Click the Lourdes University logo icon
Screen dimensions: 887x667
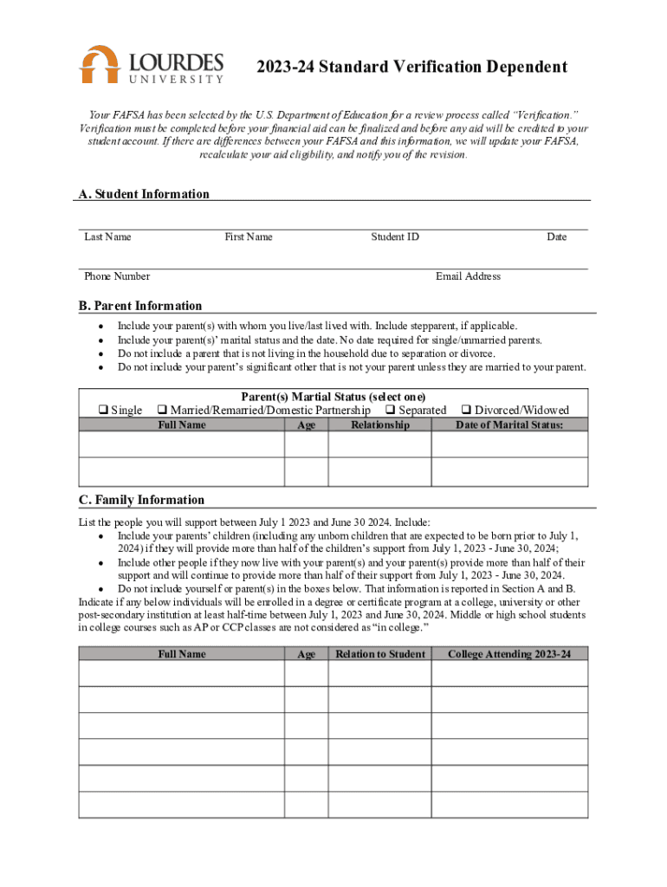click(99, 65)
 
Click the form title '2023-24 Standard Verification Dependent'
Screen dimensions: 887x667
click(411, 68)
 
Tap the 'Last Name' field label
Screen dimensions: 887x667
click(107, 236)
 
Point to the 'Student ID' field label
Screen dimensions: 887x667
click(395, 236)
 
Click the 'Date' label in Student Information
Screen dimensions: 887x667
click(556, 236)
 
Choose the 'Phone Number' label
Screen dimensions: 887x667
click(117, 276)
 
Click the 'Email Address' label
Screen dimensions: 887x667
click(468, 276)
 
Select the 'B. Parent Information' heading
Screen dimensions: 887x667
click(140, 306)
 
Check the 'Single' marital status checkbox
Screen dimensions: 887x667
click(103, 411)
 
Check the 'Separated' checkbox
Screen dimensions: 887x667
click(390, 411)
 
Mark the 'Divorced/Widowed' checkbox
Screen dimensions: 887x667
click(467, 411)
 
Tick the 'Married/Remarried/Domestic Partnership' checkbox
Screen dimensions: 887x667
click(161, 411)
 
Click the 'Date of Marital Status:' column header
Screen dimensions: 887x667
click(509, 425)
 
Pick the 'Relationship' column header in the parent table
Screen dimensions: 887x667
click(379, 425)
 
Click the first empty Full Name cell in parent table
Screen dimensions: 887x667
click(182, 444)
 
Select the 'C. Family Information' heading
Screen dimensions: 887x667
click(141, 500)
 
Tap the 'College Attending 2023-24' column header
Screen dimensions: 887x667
click(509, 654)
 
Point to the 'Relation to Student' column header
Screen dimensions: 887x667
click(380, 654)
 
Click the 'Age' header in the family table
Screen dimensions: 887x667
click(307, 655)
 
